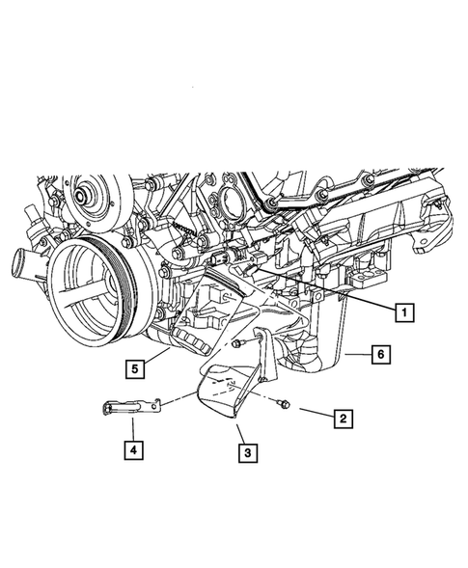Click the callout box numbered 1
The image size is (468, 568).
(403, 311)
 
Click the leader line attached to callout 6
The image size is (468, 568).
(356, 355)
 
